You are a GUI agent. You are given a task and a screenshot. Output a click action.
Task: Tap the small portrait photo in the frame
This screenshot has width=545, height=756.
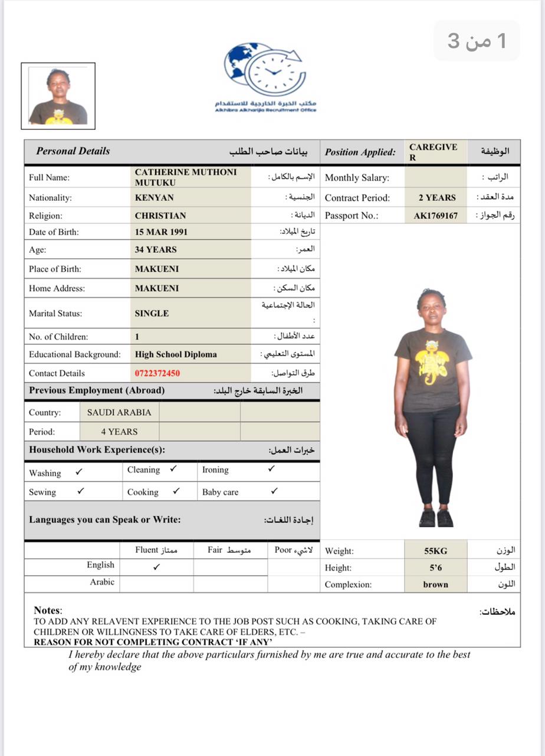[x=58, y=96]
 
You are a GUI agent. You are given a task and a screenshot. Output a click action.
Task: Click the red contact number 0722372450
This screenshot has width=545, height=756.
[x=157, y=373]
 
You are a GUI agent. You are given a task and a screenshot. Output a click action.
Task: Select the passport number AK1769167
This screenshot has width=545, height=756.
[x=435, y=216]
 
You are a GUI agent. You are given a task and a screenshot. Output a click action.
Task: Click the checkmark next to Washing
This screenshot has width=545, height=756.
[x=79, y=472]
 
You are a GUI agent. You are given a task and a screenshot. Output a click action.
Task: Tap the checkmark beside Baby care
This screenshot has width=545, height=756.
[x=274, y=491]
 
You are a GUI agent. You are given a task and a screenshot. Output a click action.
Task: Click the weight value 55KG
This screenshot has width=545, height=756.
[x=436, y=551]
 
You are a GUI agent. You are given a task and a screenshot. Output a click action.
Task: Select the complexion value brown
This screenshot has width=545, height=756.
[x=436, y=585]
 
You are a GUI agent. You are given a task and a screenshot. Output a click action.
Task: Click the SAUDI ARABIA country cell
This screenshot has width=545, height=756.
[x=119, y=412]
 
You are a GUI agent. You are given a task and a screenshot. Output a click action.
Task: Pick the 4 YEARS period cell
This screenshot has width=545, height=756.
[x=119, y=431]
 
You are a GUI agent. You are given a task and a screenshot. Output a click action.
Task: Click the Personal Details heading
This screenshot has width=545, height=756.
[x=73, y=151]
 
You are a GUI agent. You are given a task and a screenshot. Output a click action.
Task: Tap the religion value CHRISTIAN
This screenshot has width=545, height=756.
[x=160, y=216]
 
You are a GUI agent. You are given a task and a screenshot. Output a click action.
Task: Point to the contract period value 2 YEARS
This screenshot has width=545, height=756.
[x=437, y=198]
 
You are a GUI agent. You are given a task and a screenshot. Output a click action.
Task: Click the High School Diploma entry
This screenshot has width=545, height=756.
[x=176, y=354]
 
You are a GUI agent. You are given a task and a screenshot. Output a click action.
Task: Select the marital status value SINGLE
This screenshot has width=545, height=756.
[x=152, y=314]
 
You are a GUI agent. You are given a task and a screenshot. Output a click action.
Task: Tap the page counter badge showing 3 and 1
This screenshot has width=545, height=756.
[x=477, y=41]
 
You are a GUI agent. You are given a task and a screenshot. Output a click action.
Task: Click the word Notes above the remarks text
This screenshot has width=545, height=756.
[x=47, y=610]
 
